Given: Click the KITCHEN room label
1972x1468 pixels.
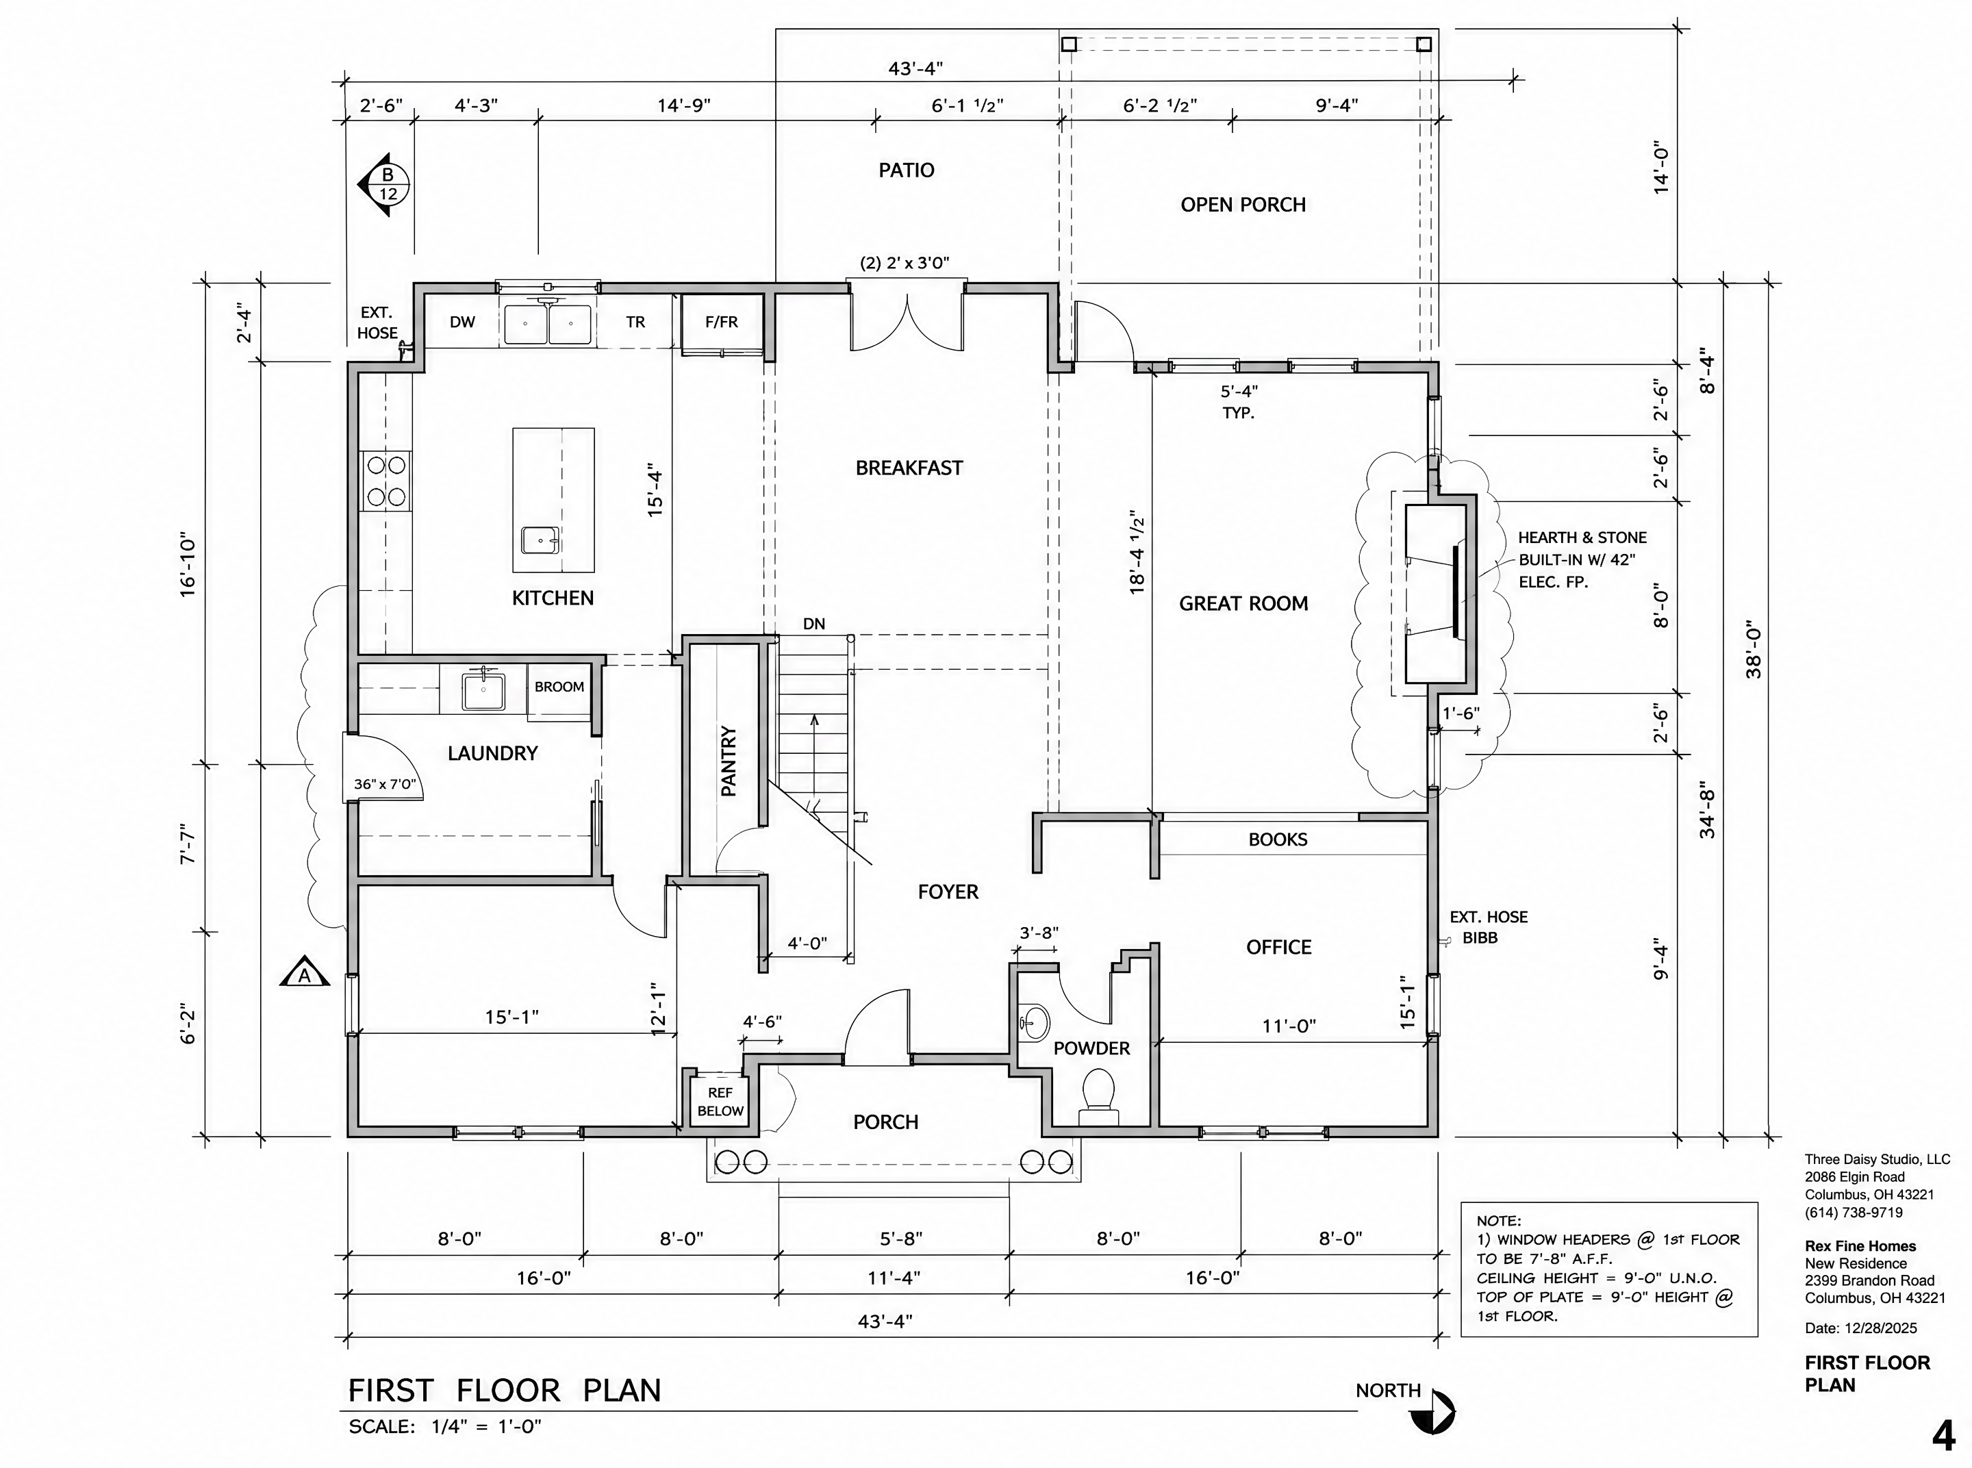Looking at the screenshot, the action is click(553, 598).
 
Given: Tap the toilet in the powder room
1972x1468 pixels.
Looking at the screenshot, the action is click(1099, 1098).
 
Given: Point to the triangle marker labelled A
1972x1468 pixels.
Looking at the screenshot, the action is click(305, 972).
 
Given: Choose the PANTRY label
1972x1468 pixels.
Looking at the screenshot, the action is click(729, 761).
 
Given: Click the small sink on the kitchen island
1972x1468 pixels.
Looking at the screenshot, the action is click(540, 540).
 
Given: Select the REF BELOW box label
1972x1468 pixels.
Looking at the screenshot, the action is click(721, 1102).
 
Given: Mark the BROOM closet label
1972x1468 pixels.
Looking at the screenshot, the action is click(559, 687).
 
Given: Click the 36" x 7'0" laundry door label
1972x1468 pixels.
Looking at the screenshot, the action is click(385, 785).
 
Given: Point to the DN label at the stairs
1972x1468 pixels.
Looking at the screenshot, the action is click(814, 624).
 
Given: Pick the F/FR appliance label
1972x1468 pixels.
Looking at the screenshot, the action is click(722, 322).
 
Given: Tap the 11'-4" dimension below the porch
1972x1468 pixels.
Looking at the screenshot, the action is click(894, 1278).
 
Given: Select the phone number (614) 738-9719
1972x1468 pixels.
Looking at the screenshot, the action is click(1854, 1212).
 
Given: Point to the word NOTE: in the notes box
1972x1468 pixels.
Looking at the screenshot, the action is click(1500, 1221).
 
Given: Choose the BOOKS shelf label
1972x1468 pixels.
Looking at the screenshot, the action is click(1278, 839).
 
